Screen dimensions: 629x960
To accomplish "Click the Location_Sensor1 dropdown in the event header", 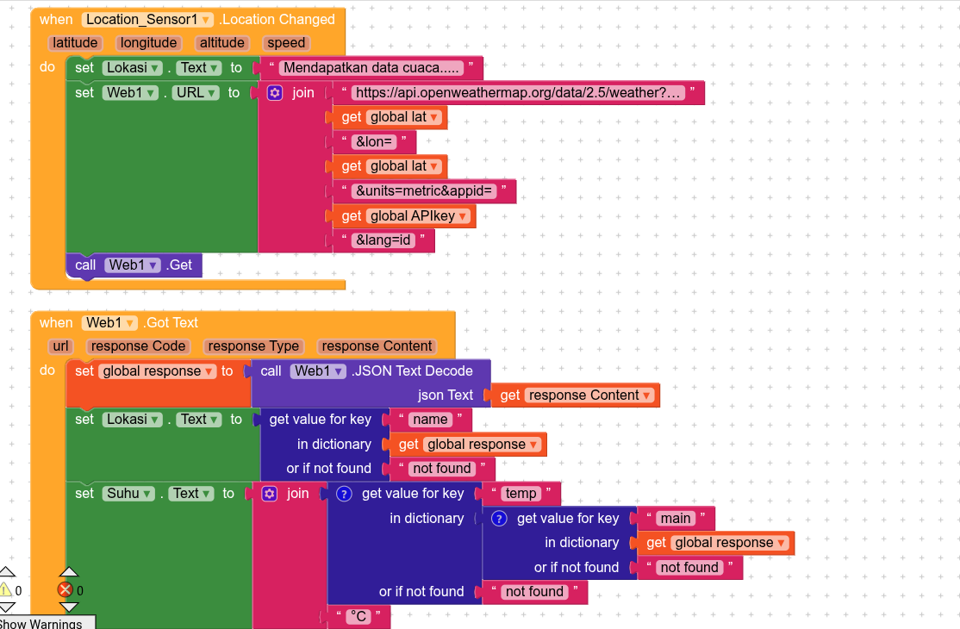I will [x=148, y=19].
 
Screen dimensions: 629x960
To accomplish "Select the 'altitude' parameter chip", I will [x=221, y=43].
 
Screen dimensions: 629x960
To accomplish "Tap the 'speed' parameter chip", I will [x=286, y=43].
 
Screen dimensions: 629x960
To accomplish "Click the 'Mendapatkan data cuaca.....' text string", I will [x=372, y=68].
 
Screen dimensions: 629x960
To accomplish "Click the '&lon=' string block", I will [x=374, y=142].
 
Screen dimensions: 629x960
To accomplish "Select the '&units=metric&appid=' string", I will [x=424, y=191].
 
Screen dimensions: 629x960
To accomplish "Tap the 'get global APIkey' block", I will [x=405, y=216].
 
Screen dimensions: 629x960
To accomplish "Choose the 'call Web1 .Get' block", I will [x=134, y=265].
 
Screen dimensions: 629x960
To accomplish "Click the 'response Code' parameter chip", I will [x=138, y=346].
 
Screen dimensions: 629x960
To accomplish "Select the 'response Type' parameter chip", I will [x=253, y=346].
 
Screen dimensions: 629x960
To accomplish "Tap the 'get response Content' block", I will [x=577, y=395].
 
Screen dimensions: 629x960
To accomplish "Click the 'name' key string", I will [x=430, y=420].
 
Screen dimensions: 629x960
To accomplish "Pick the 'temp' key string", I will [x=521, y=494].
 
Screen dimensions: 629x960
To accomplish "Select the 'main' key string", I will [x=675, y=519].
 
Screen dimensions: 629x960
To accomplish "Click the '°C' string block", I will [x=357, y=617].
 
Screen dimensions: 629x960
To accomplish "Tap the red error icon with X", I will [x=65, y=590].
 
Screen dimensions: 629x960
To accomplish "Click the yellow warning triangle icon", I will [x=6, y=590].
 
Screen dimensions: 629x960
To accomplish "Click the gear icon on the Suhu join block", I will [x=269, y=494].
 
